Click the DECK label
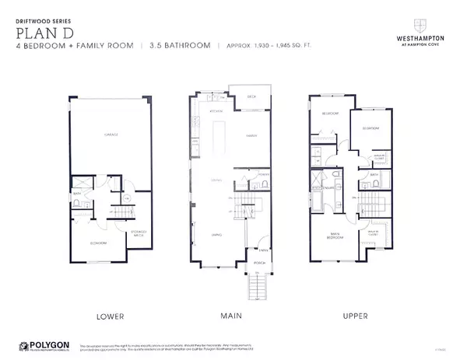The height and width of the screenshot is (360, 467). (251, 97)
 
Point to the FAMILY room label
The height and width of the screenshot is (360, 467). (251, 135)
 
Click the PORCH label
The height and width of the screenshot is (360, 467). (258, 263)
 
